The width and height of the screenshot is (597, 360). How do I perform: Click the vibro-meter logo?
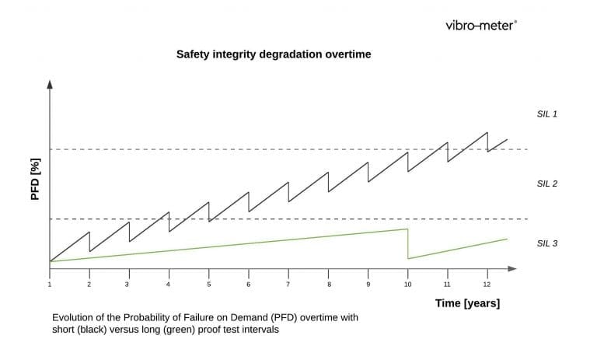click(481, 25)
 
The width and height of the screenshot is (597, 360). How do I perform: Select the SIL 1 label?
click(547, 114)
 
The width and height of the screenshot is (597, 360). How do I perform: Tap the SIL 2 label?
click(547, 183)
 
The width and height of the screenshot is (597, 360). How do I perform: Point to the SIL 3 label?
click(547, 243)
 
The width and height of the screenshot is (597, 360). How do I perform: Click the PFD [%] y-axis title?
click(35, 178)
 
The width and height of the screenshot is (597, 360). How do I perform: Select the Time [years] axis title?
click(467, 303)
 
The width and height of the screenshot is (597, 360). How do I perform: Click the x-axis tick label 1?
click(49, 285)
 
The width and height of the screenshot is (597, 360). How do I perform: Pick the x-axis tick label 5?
click(208, 285)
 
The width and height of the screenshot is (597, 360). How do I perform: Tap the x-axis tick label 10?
click(407, 285)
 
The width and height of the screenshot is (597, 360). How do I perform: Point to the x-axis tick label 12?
click(487, 285)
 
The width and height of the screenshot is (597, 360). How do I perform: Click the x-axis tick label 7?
click(288, 285)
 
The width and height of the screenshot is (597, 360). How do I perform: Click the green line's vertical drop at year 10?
click(408, 243)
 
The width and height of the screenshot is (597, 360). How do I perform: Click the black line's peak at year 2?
click(89, 232)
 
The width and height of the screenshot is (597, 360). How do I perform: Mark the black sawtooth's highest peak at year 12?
click(487, 132)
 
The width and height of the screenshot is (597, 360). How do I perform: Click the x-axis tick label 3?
click(129, 285)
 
